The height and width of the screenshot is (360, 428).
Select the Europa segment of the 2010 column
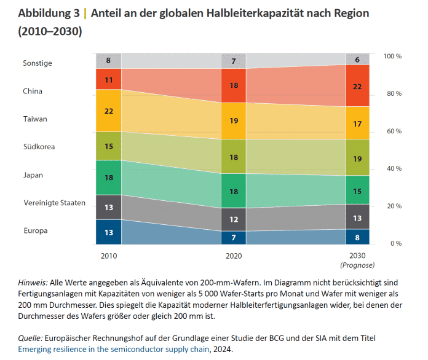(108, 232)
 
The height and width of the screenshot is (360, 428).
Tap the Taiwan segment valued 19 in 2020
(233, 121)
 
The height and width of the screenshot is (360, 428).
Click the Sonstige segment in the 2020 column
(233, 61)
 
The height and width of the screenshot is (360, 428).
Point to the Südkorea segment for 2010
(108, 146)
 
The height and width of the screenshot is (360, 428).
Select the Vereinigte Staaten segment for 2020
(233, 219)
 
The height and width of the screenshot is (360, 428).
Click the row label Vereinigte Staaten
(54, 203)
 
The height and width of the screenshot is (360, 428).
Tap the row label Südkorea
(39, 147)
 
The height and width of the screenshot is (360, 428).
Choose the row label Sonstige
(38, 63)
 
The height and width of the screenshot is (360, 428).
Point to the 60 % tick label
(393, 131)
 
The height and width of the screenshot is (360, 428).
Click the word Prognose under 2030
(357, 265)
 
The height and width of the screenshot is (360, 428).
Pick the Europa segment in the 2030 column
(357, 237)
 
